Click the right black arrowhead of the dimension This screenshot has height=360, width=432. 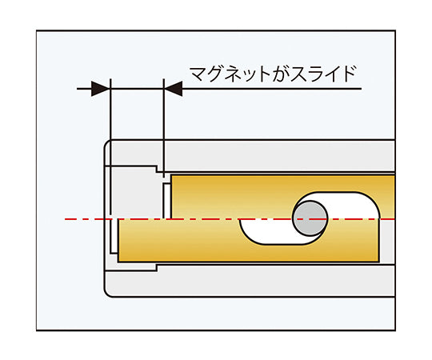click(174, 88)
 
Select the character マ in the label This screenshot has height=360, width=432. click(196, 74)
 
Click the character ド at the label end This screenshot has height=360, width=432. click(344, 74)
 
